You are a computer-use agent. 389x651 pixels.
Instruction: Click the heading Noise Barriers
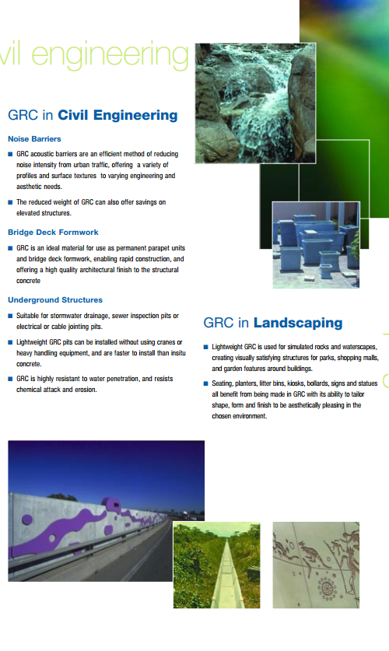click(34, 139)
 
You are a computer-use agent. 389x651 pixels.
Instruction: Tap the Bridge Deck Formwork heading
click(53, 233)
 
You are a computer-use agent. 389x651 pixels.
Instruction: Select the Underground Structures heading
click(55, 299)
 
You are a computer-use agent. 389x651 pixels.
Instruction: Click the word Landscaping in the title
click(298, 323)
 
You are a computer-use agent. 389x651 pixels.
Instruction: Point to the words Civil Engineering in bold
click(117, 115)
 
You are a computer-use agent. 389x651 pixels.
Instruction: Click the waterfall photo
click(255, 103)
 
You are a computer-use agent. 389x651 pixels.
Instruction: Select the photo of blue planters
click(316, 245)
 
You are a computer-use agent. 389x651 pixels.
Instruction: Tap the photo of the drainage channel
click(217, 565)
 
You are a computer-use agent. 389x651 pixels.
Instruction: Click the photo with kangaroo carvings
click(316, 565)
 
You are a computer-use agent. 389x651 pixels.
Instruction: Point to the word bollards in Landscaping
click(317, 383)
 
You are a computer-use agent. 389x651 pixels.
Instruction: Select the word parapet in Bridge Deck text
click(159, 248)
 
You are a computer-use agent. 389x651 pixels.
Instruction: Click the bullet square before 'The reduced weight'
click(10, 202)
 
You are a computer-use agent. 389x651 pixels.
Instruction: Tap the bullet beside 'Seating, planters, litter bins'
click(206, 383)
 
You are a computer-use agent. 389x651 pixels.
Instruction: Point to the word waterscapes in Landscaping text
click(359, 347)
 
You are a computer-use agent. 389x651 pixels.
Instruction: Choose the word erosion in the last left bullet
click(86, 390)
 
